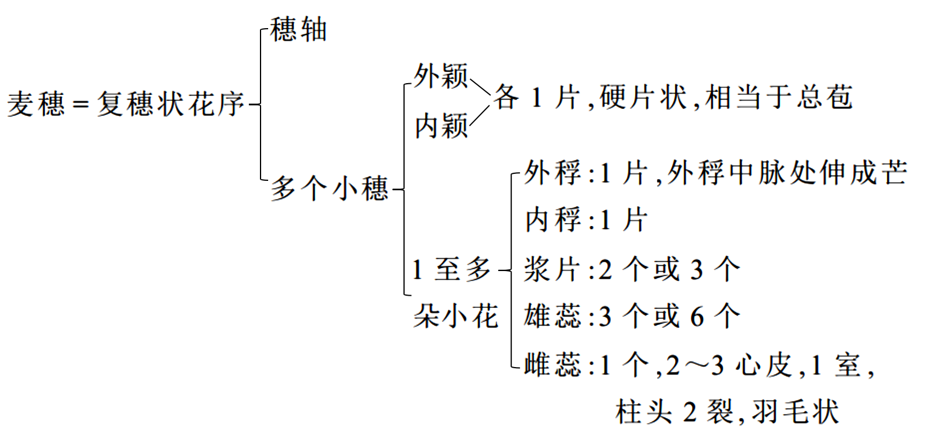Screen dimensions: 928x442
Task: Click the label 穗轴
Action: point(298,30)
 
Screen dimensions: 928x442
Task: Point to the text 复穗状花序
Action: point(170,105)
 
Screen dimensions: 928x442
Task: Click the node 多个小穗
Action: point(329,189)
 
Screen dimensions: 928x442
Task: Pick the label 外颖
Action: point(440,77)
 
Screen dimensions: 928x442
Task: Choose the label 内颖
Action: point(441,126)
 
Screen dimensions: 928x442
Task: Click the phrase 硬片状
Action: point(643,97)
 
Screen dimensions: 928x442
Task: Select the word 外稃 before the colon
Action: point(552,173)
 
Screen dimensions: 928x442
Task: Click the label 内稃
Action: point(552,220)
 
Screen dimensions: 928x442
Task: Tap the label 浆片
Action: point(552,269)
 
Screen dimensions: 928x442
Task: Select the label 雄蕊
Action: point(552,317)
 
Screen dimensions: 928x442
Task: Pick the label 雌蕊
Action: point(552,365)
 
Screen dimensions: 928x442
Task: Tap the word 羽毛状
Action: point(795,412)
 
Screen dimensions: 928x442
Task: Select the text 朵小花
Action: point(455,317)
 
